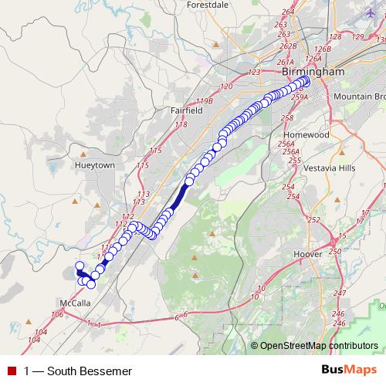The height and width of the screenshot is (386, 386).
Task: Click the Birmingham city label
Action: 313,72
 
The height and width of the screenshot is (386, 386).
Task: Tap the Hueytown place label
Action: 95,165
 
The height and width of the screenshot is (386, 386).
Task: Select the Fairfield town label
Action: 186,110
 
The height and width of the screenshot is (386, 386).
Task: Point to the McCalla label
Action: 76,303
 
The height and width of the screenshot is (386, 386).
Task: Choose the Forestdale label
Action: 208,5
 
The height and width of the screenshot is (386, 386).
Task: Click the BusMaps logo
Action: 349,371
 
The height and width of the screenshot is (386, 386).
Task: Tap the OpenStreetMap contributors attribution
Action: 318,346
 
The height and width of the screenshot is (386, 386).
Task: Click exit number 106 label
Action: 56,314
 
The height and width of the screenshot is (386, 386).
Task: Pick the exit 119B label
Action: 204,101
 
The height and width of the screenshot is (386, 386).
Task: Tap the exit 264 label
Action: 289,12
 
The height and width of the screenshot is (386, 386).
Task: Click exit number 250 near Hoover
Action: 334,252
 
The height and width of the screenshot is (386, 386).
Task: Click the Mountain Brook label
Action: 360,97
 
